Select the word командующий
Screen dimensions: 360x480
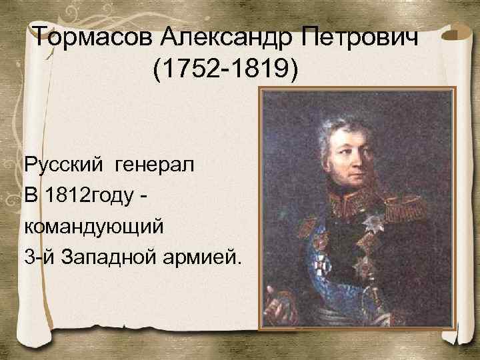pyautogui.click(x=93, y=225)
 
